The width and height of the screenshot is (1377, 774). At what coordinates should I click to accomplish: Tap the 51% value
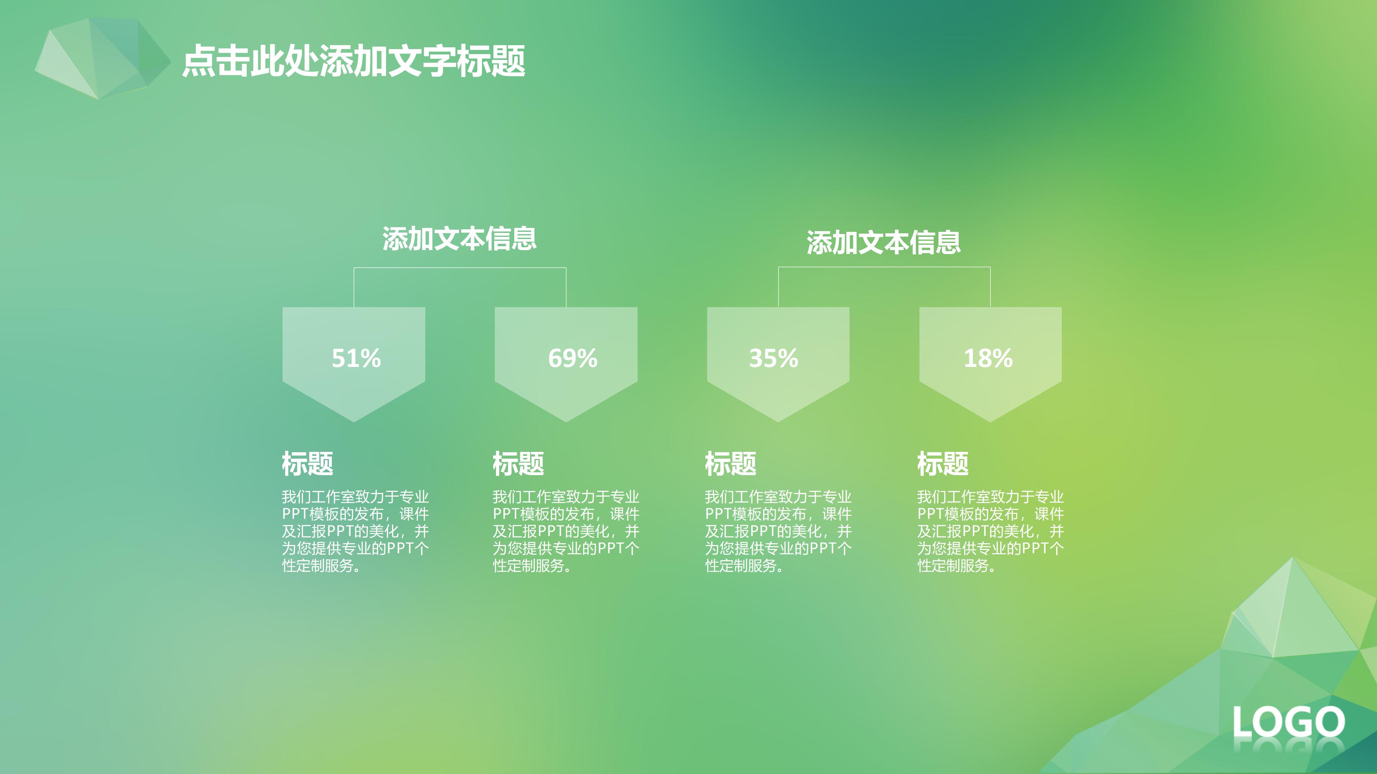click(356, 358)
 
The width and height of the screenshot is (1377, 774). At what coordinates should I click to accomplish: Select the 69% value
click(573, 358)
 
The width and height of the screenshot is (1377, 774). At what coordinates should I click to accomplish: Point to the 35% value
click(773, 358)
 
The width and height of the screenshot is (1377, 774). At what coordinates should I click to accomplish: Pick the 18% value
click(988, 358)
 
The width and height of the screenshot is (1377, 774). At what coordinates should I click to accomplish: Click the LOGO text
click(1288, 722)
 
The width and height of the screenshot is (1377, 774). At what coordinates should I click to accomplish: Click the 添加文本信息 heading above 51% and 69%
click(459, 239)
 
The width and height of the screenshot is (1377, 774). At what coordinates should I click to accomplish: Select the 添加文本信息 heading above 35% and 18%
click(884, 243)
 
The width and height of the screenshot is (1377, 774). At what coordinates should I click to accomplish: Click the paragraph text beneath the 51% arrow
click(355, 531)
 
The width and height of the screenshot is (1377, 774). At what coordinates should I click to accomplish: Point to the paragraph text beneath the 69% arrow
click(566, 531)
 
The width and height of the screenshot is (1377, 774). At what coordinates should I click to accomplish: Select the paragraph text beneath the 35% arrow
click(778, 531)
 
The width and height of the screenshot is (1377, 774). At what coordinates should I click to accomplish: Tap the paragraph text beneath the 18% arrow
click(990, 531)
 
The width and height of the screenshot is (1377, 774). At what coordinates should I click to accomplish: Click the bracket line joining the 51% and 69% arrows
click(460, 268)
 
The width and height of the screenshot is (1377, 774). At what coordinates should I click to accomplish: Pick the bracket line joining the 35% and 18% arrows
click(884, 267)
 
